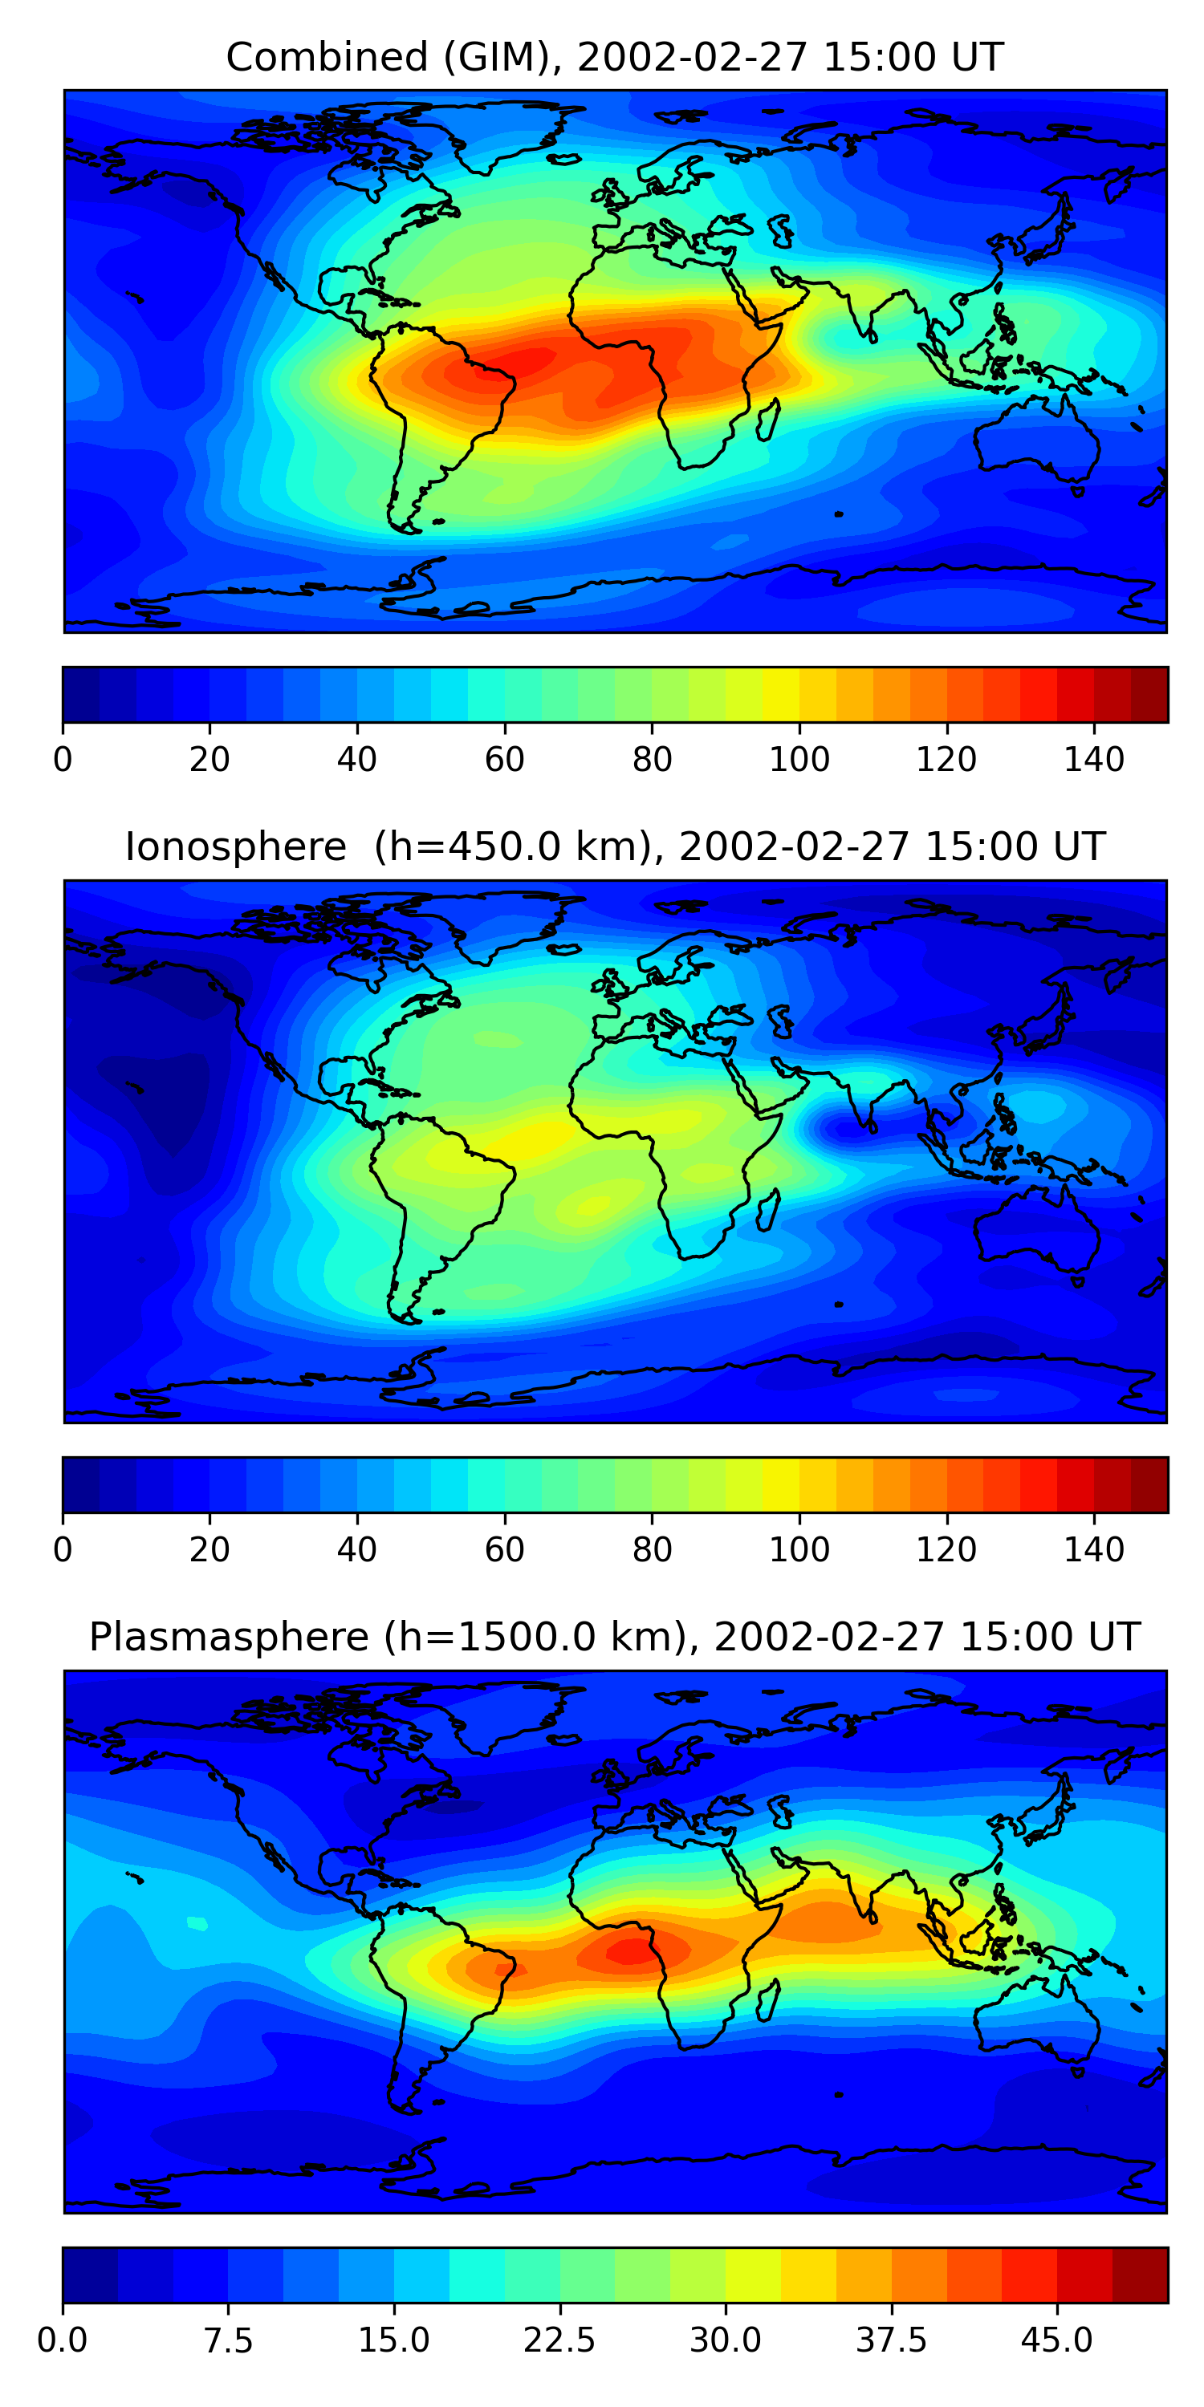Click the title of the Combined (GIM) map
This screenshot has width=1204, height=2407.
tap(614, 57)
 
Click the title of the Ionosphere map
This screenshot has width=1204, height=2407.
tap(614, 846)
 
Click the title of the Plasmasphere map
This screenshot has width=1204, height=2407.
tap(614, 1636)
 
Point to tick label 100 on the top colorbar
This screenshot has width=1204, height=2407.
tap(799, 759)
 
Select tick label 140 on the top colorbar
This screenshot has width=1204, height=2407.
tap(1094, 759)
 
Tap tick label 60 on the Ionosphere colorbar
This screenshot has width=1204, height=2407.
tap(505, 1549)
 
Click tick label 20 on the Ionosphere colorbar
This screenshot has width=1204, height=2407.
tap(209, 1549)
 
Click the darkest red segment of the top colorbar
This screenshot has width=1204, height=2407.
tap(1149, 694)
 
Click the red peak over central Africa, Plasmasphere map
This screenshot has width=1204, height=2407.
tap(632, 1950)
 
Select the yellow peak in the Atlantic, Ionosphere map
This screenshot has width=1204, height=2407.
tap(538, 1136)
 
